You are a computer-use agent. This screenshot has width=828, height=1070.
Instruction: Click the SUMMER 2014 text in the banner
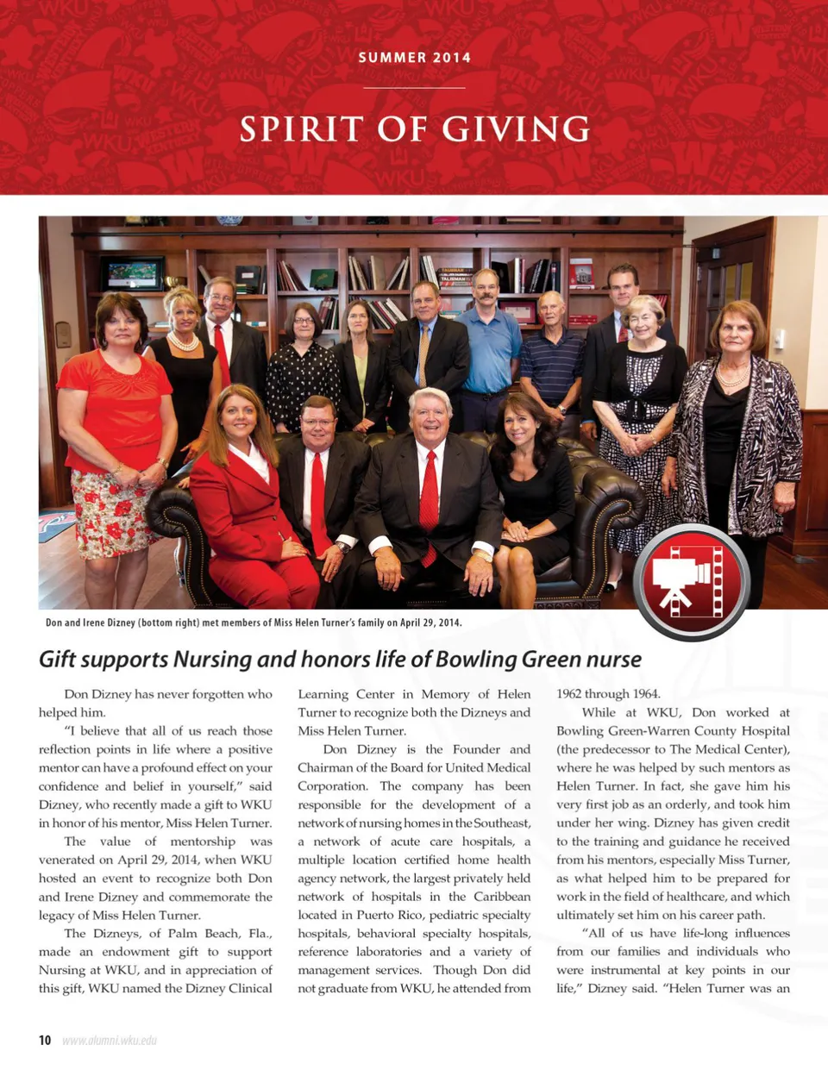click(414, 58)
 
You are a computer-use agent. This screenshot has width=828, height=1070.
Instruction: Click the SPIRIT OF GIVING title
click(414, 129)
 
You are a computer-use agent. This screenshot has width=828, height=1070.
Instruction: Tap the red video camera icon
click(691, 582)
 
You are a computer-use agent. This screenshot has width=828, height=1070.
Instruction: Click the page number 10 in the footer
click(45, 1040)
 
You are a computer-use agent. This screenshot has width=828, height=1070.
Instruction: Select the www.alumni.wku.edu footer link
click(110, 1041)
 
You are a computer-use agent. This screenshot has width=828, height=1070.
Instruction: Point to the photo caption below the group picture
click(254, 623)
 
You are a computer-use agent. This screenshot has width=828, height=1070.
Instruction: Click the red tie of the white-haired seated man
click(429, 500)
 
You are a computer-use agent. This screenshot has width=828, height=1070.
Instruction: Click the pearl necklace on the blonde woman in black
click(182, 341)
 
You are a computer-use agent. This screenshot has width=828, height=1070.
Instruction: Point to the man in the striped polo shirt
click(552, 362)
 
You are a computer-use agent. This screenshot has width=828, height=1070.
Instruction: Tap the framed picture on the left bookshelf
click(132, 275)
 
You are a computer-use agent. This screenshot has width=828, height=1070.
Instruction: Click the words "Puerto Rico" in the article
click(386, 915)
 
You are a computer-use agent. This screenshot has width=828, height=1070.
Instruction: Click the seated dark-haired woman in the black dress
click(529, 483)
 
